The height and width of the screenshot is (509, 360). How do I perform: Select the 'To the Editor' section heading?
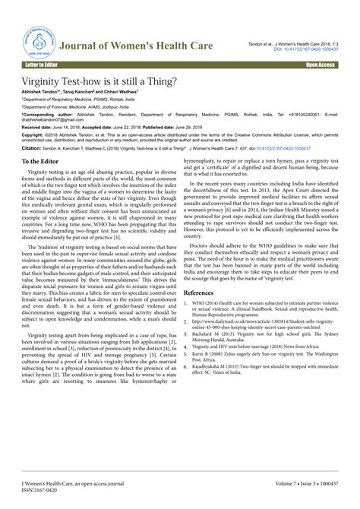pos(47,163)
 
